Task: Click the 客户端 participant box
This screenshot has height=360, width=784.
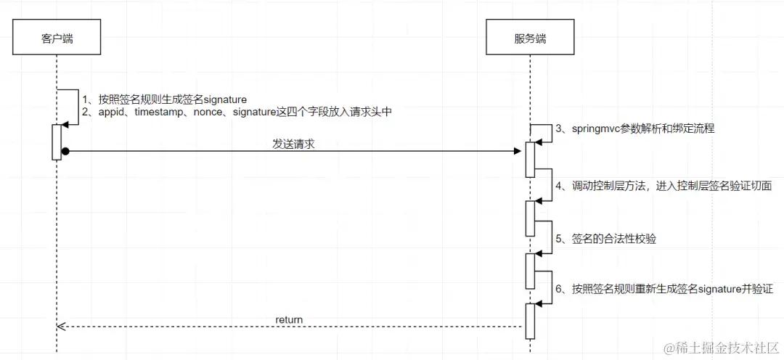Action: [x=57, y=38]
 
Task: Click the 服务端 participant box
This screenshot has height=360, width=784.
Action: [x=530, y=38]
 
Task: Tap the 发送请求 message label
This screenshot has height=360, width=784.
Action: [x=293, y=144]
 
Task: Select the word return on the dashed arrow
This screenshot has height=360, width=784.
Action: [x=289, y=319]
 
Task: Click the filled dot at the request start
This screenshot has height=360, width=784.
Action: [x=65, y=151]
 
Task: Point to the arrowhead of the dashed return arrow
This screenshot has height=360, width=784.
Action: [x=61, y=327]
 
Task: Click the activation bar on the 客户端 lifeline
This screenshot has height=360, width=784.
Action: [x=56, y=142]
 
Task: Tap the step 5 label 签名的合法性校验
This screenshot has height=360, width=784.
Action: [x=605, y=238]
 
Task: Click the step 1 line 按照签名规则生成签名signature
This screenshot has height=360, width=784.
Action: [x=164, y=99]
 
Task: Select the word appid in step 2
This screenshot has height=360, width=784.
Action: [x=113, y=112]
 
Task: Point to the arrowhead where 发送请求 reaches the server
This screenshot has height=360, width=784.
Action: [x=518, y=151]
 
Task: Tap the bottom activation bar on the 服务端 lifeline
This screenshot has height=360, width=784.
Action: [x=530, y=320]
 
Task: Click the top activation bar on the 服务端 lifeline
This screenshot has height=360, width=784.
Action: [x=530, y=159]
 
